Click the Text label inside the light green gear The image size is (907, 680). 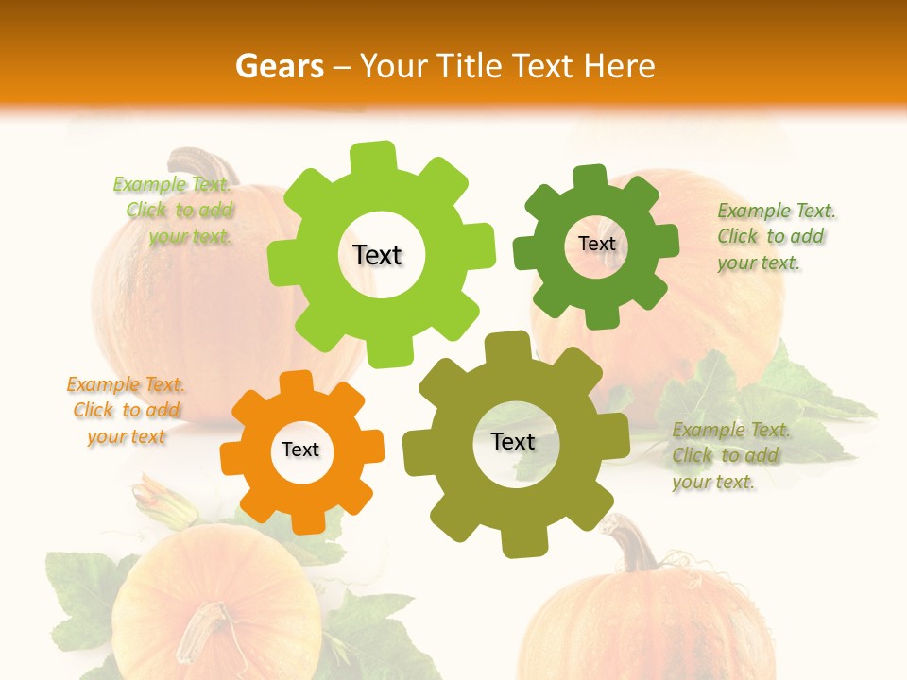(377, 255)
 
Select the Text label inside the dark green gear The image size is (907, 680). (596, 244)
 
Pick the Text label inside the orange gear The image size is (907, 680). (300, 450)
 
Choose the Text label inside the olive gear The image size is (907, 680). (513, 441)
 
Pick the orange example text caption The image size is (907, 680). (126, 410)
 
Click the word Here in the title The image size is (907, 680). (622, 66)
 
